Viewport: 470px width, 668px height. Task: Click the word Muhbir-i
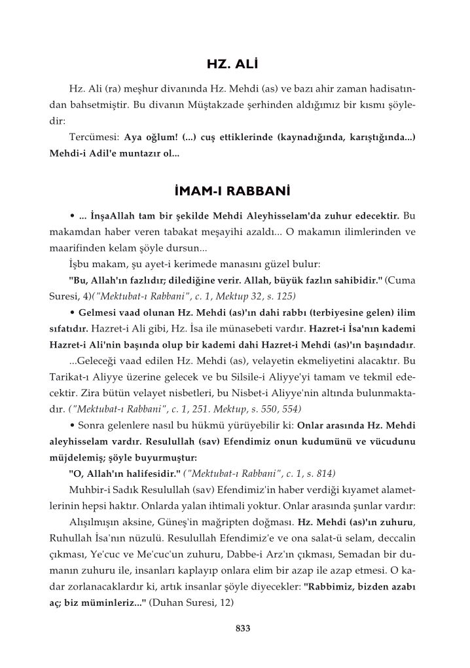coord(88,490)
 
